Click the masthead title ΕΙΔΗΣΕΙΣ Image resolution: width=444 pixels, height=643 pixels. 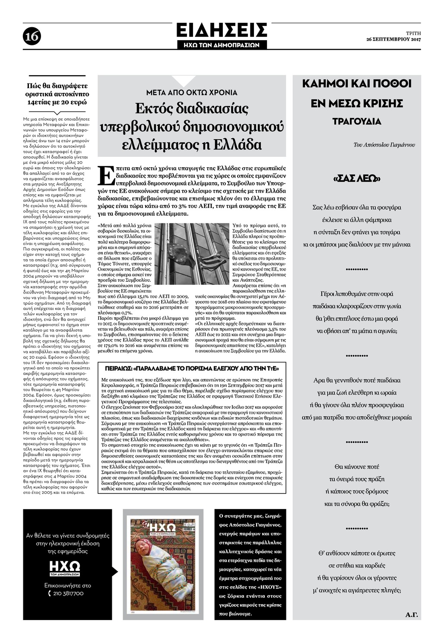[x=222, y=31]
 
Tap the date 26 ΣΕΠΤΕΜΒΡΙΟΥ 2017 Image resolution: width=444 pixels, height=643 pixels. [x=393, y=40]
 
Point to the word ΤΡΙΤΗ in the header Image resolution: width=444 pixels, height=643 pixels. [x=413, y=33]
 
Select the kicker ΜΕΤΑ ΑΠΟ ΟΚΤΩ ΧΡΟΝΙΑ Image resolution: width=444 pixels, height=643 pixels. [x=191, y=92]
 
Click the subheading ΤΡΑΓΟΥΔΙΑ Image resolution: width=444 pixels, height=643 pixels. [x=357, y=121]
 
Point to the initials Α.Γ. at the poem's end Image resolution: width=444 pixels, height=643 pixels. [x=412, y=614]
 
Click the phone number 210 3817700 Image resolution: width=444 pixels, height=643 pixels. [x=67, y=593]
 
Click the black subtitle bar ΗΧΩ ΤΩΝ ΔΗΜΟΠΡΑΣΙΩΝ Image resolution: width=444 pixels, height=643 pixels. [x=222, y=45]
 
